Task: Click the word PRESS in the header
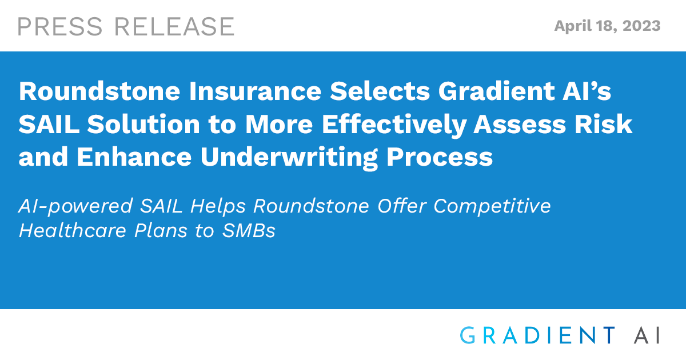coord(59,27)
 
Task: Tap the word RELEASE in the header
coord(174,27)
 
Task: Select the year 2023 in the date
coord(641,26)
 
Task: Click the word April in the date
coord(573,26)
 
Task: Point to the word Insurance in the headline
coord(255,91)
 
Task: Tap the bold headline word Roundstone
coord(99,91)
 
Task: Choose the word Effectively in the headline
coord(393,125)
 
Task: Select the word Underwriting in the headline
coord(289,158)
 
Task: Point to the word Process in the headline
coord(440,157)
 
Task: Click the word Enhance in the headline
coord(134,157)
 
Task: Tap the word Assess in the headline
coord(520,125)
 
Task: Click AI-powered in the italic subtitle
coord(75,206)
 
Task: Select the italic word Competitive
coord(492,206)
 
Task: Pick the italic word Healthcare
coord(73,230)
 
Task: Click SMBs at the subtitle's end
coord(249,230)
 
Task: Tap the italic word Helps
coord(218,206)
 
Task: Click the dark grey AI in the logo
coord(647,335)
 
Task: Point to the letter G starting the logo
coord(468,335)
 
